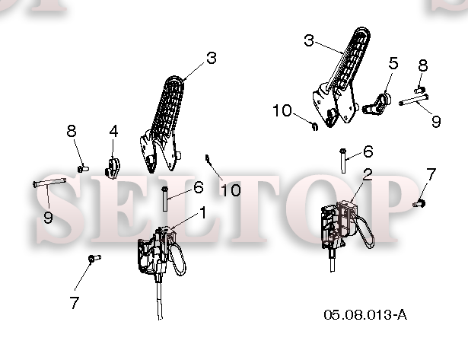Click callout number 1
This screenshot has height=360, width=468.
click(x=203, y=213)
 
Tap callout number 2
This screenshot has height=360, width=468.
click(x=368, y=174)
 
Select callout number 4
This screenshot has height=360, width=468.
click(x=113, y=132)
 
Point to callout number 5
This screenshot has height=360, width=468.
click(x=393, y=63)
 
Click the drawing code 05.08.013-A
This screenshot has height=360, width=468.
click(x=365, y=314)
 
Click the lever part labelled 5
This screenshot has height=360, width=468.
click(x=377, y=104)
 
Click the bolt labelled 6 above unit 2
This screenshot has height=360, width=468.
click(x=343, y=161)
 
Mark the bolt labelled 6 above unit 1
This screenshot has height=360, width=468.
click(x=164, y=199)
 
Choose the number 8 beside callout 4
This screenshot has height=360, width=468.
click(x=72, y=131)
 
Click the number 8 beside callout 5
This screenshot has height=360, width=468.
click(x=423, y=65)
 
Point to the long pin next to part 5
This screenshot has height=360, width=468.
click(x=414, y=100)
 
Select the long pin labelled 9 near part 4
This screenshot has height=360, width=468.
click(x=49, y=182)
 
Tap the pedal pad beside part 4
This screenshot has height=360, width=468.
click(x=168, y=107)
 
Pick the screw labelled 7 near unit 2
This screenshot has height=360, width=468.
click(x=419, y=203)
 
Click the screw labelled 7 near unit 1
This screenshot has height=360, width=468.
click(x=95, y=258)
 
